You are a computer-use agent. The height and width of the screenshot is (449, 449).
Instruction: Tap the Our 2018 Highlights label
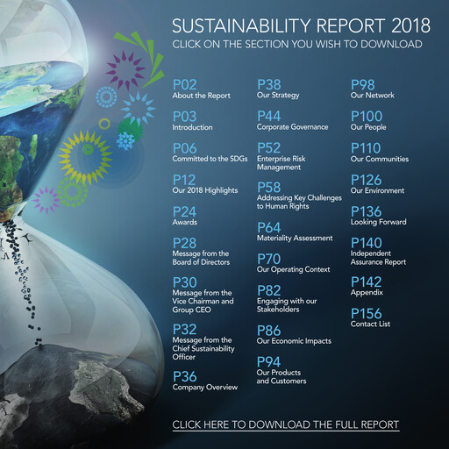coord(205,190)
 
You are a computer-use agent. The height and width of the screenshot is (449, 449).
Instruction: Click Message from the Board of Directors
coord(201,258)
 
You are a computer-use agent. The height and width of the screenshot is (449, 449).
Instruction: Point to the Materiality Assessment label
coord(295,238)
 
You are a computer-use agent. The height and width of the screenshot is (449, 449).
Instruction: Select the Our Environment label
coord(377,190)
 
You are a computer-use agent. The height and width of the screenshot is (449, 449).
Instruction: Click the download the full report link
coord(286,424)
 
